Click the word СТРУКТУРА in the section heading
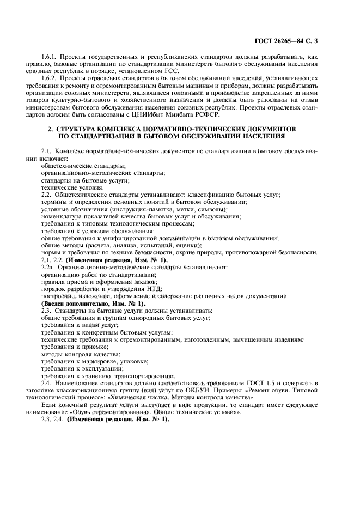pyautogui.click(x=77, y=130)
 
